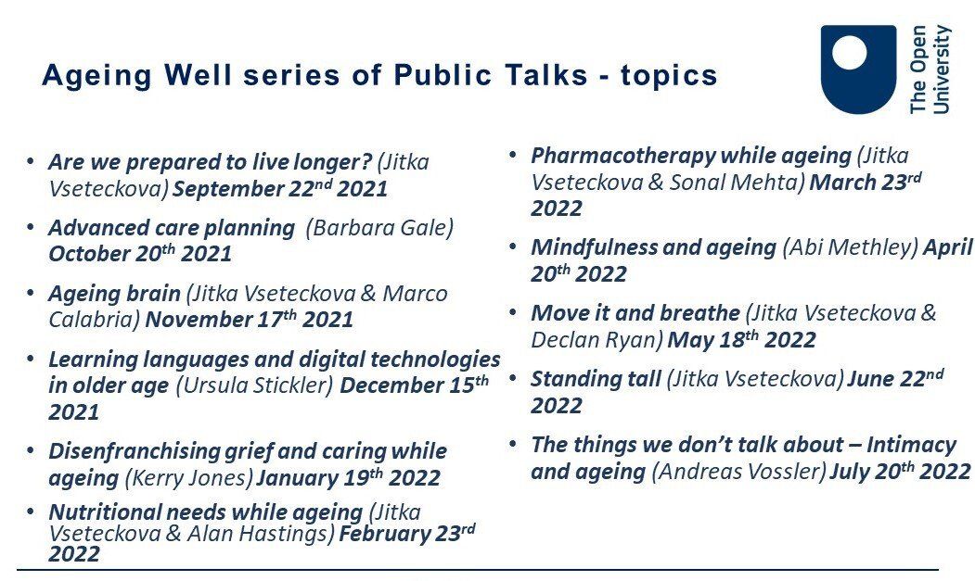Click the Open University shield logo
858,69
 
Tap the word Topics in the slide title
669,76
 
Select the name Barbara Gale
380,227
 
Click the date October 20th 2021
140,254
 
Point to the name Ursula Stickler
255,385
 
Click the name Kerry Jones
189,478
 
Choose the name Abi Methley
850,248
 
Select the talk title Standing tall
596,379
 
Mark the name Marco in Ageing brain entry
415,294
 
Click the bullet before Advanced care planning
31,226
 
